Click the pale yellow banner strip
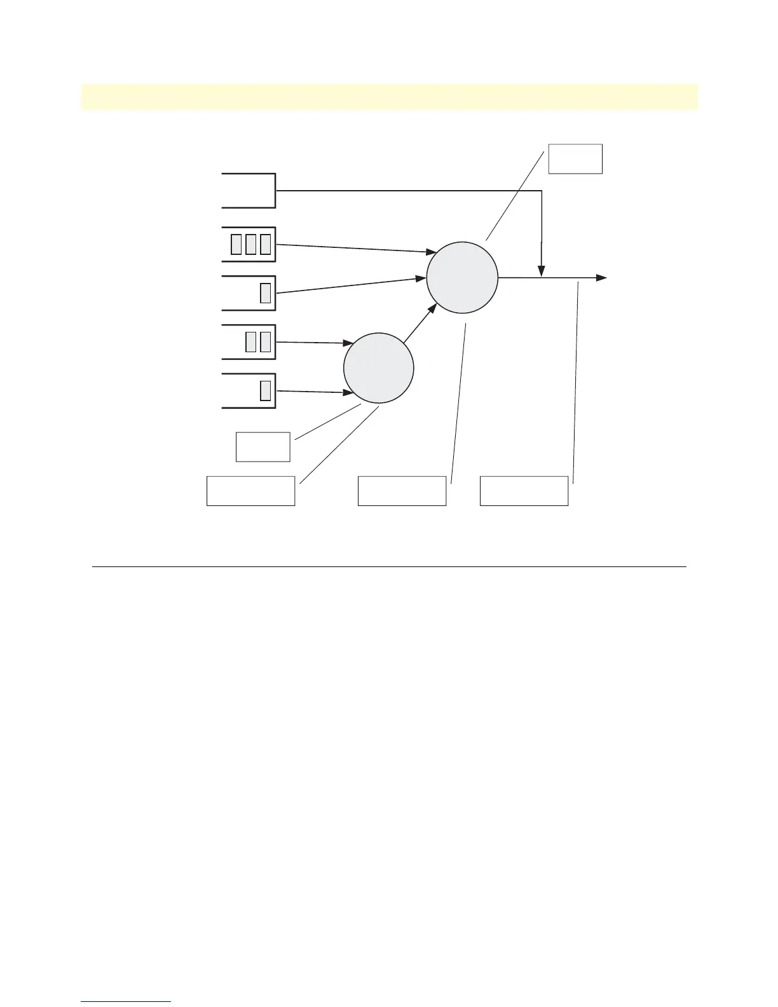tap(389, 97)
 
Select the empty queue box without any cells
tap(249, 190)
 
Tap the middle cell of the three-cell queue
tap(250, 244)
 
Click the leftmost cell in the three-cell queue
tap(236, 244)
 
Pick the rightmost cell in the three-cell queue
tap(266, 244)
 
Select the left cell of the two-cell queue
tap(251, 342)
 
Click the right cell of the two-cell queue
tap(266, 342)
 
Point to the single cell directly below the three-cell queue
tap(266, 293)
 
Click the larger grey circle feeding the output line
tap(462, 277)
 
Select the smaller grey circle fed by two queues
tap(379, 367)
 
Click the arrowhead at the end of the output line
tap(601, 278)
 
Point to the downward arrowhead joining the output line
tap(541, 271)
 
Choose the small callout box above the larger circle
tap(575, 159)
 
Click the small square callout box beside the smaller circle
tap(263, 446)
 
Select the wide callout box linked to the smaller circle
tap(250, 490)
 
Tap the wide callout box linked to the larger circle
tap(402, 490)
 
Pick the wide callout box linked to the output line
tap(524, 490)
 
